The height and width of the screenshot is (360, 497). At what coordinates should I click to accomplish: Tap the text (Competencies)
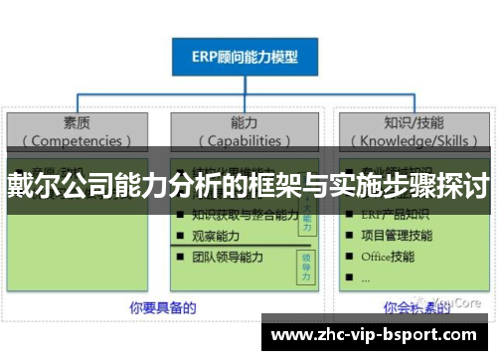point(77,140)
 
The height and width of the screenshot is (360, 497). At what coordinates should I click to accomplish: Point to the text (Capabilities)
point(245,140)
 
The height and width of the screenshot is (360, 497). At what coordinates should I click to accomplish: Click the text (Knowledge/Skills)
point(413,140)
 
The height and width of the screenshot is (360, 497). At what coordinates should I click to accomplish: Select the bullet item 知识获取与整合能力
point(244,214)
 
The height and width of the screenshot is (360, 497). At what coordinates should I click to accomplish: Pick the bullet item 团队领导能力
point(230,257)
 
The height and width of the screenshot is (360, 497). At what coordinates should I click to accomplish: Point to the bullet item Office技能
point(389,257)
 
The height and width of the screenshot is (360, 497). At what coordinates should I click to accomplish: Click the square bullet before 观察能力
point(179,236)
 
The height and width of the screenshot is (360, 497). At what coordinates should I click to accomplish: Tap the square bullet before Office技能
point(348,258)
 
